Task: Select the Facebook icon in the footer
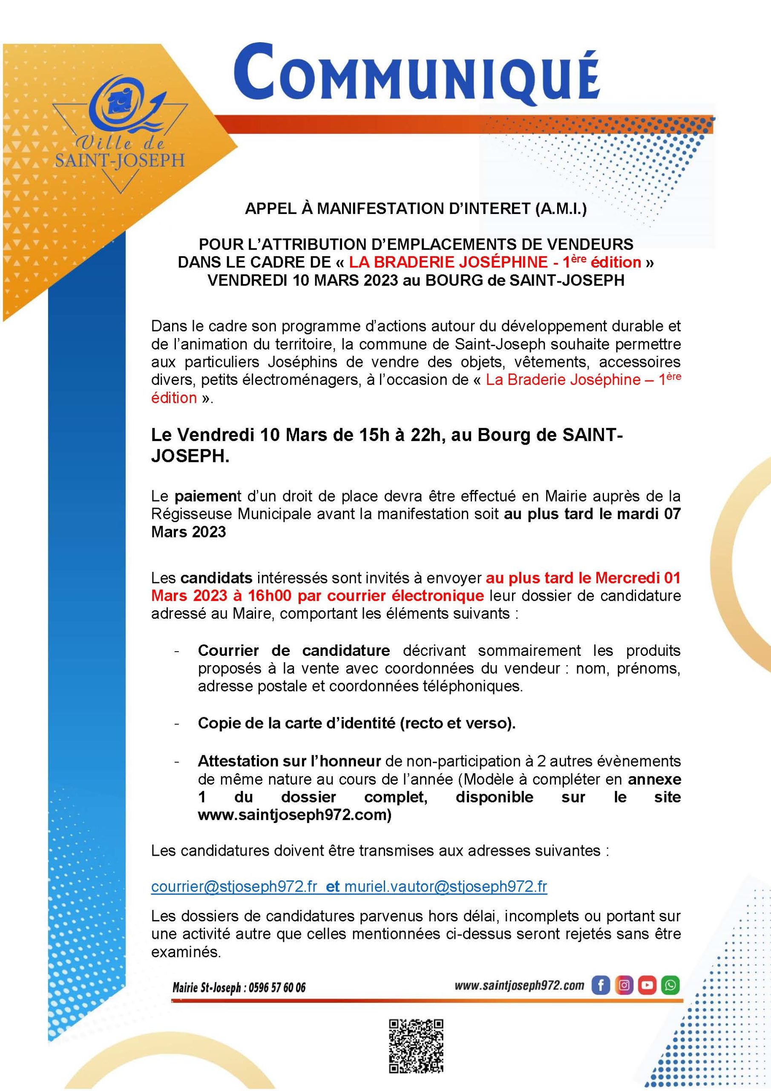coord(601,985)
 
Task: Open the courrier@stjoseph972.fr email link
coord(234,887)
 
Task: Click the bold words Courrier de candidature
coord(293,650)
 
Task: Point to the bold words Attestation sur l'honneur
coord(289,761)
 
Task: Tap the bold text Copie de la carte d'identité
coord(356,723)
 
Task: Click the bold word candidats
coord(216,578)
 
